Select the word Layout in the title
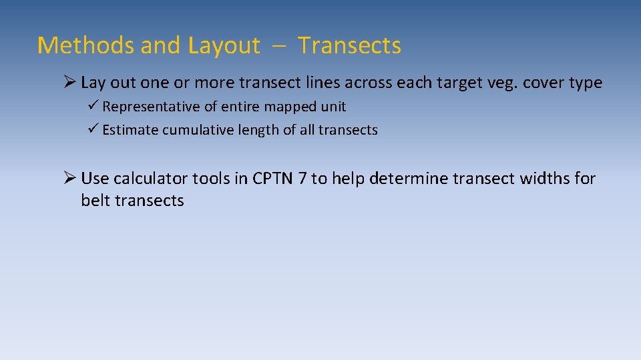224,45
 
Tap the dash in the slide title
278,46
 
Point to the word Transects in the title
349,45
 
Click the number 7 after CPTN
302,179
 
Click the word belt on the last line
95,201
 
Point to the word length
257,130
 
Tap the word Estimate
129,130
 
